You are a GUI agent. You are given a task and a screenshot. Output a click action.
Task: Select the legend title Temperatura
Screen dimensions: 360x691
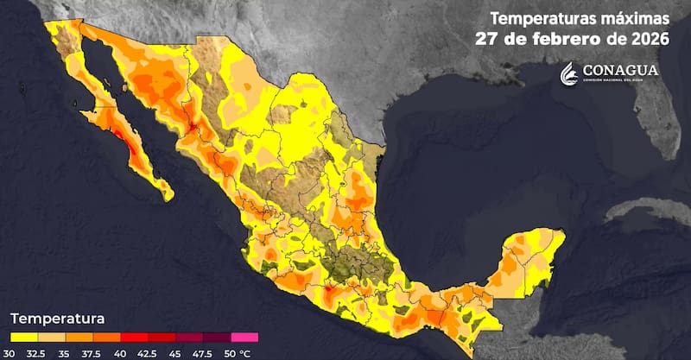point(57,317)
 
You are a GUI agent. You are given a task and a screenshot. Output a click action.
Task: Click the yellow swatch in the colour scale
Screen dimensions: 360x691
point(23,337)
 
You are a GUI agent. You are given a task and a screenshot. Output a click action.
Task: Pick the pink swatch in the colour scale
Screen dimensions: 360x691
point(244,337)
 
